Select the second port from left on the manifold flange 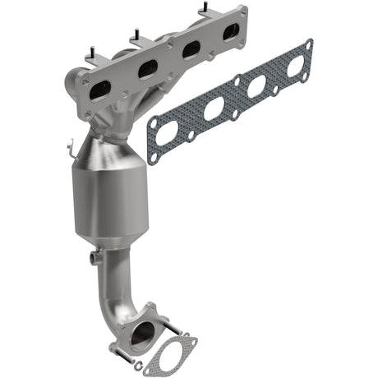[148, 71]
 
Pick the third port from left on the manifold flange [190, 51]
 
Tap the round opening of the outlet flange [141, 334]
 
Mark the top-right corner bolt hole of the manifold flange [242, 12]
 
